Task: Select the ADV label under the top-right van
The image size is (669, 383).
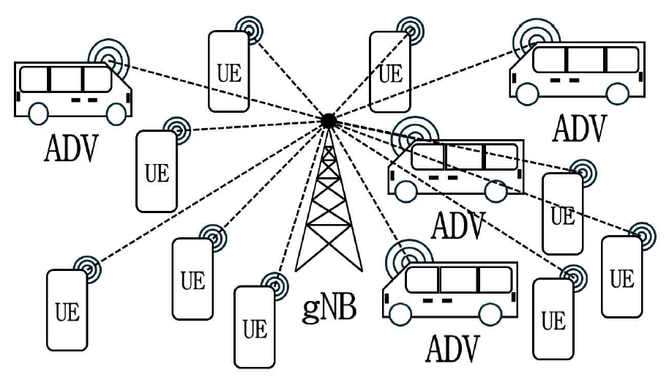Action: (x=580, y=127)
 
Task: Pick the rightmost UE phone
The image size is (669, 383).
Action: (x=621, y=277)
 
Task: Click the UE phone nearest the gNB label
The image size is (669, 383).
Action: (x=254, y=327)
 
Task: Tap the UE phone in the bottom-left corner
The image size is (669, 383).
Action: (x=67, y=310)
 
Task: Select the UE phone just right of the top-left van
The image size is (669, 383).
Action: (x=228, y=72)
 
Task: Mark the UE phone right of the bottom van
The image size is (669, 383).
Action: (x=553, y=319)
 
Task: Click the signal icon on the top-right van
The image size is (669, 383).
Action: (x=528, y=33)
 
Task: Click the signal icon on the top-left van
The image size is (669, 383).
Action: (x=105, y=53)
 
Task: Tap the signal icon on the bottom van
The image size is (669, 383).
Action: (x=400, y=258)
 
